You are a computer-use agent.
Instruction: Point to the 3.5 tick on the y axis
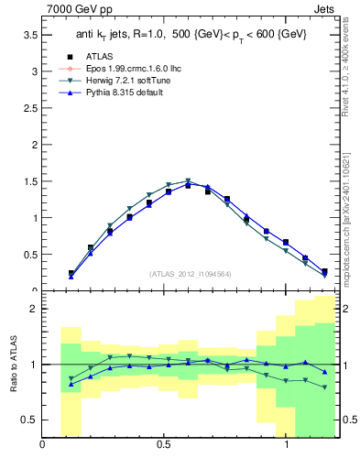[x=31, y=34]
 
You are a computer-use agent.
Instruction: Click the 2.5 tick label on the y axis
[x=31, y=107]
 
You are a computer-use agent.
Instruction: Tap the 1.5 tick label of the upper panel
[x=31, y=180]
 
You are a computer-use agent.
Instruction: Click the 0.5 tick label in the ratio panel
[x=31, y=420]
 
